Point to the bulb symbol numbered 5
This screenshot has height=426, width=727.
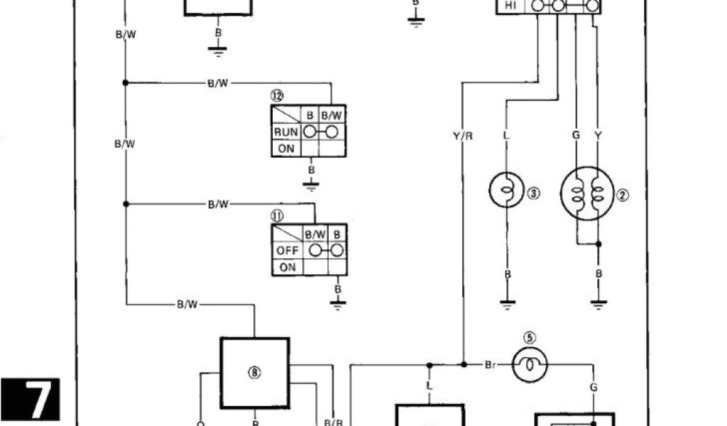coord(530,365)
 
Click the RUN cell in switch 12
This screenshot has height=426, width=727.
coord(285,132)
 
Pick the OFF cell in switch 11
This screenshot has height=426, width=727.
coord(288,251)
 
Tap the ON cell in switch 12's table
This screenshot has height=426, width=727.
coord(285,148)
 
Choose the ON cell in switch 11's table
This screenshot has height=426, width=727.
coord(288,268)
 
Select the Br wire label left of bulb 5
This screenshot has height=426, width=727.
coord(491,365)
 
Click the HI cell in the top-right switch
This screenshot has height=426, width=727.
coord(510,6)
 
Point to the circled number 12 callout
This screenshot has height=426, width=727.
coord(276,95)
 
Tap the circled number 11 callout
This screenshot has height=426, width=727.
coord(276,214)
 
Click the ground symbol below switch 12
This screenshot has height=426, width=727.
coord(310,185)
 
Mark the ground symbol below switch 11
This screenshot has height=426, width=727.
coord(338,304)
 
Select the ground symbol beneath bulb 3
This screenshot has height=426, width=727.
coord(506,303)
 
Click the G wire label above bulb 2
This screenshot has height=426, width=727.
coord(574,134)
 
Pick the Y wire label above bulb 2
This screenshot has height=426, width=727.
coord(597,134)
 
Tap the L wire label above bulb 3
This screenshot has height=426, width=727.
coord(505,134)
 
